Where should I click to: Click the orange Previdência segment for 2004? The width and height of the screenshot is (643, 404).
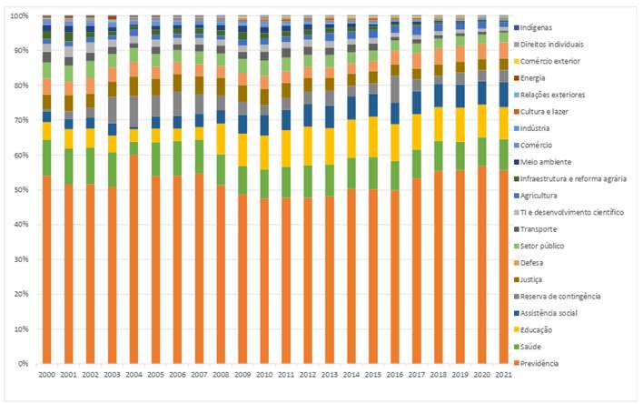pos(134,259)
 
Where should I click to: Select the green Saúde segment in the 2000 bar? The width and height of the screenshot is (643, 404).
pos(46,157)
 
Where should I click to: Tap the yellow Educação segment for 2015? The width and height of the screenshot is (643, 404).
pos(372,136)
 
